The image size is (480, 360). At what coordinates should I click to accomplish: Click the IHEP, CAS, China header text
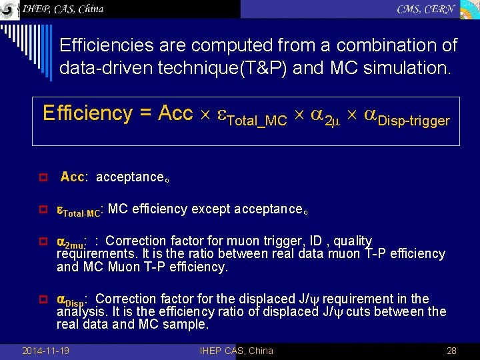click(x=63, y=9)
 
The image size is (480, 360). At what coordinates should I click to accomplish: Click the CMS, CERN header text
click(x=426, y=9)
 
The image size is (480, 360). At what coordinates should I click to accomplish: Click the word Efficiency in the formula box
click(x=87, y=113)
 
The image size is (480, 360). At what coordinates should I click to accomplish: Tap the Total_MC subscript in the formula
click(x=257, y=121)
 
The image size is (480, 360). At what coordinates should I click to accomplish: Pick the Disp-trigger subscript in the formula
click(x=413, y=121)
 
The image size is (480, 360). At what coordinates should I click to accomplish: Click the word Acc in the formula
click(x=175, y=113)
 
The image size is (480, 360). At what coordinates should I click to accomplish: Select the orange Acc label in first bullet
click(x=72, y=177)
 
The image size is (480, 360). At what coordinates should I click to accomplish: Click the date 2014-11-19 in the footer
click(x=45, y=351)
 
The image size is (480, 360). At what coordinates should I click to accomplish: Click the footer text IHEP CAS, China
click(x=236, y=351)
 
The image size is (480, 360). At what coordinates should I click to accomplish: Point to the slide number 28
click(x=451, y=351)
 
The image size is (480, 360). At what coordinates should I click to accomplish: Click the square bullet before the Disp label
click(x=42, y=300)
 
